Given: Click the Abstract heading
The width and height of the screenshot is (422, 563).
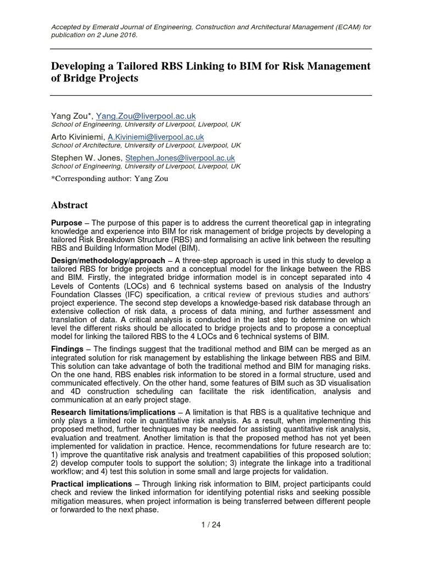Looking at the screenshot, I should click(69, 205).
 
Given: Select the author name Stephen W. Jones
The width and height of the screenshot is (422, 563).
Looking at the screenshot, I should click(86, 158).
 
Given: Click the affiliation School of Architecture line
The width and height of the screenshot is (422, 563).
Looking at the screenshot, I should click(146, 146).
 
